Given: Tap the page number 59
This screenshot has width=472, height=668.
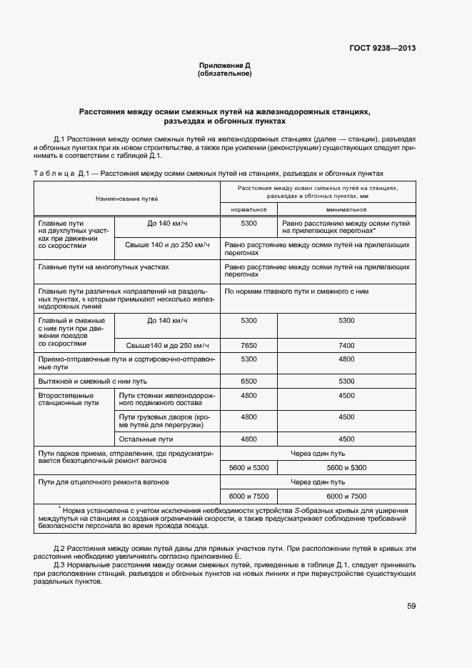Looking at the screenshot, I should [x=411, y=606].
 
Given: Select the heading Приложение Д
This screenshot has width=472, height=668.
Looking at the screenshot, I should [x=225, y=66].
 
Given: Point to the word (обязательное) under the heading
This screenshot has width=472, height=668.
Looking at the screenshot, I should [x=225, y=74].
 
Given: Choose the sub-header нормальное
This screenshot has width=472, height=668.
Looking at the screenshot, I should [x=248, y=209].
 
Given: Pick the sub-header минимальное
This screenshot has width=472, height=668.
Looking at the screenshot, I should [x=346, y=209].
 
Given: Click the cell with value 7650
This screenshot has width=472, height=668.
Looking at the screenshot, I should [x=248, y=345].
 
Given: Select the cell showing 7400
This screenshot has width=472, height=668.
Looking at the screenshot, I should [x=346, y=345].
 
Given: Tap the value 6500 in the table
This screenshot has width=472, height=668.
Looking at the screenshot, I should [x=248, y=381].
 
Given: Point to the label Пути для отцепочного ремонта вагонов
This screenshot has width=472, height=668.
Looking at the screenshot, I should [x=104, y=482].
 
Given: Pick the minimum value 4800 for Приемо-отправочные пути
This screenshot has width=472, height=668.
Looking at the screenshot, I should [x=346, y=359].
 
